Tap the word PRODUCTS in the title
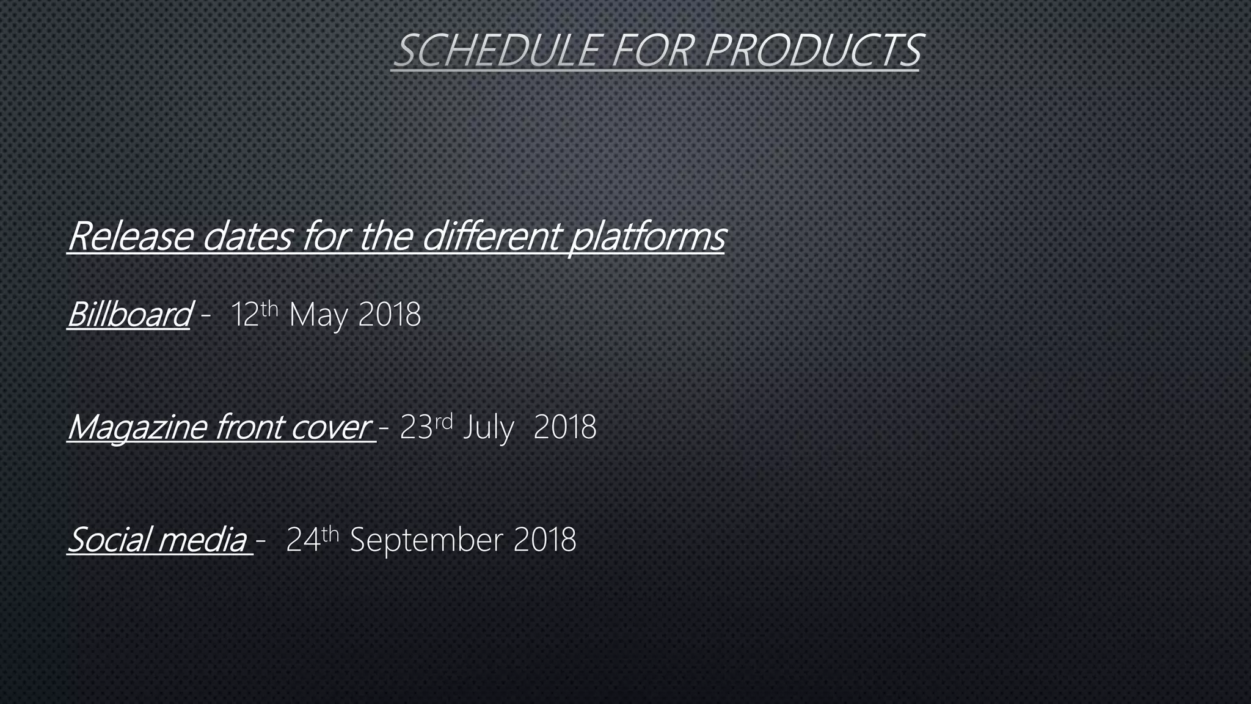click(x=812, y=50)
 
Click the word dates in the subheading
click(x=247, y=237)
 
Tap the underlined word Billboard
click(x=129, y=315)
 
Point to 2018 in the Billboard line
click(x=390, y=315)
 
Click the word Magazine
click(x=137, y=427)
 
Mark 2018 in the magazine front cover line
click(x=564, y=427)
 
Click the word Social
click(x=110, y=540)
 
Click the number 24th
click(x=312, y=538)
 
